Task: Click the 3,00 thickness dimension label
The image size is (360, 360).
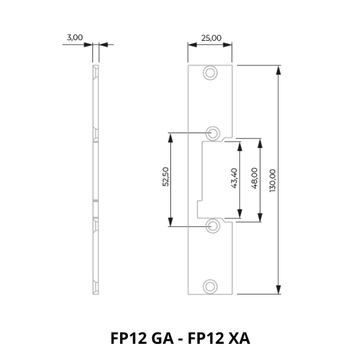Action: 74,37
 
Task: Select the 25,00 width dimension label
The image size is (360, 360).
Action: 211,38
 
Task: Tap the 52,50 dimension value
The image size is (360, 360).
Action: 166,177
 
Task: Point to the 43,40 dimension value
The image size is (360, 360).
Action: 234,178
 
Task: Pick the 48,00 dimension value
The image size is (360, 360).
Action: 254,178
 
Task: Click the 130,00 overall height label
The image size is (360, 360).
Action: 272,181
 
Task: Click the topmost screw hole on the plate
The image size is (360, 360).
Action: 210,73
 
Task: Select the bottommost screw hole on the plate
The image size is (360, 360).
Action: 210,287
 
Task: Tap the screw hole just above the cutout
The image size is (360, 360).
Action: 213,133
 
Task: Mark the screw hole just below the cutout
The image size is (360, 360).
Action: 213,226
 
